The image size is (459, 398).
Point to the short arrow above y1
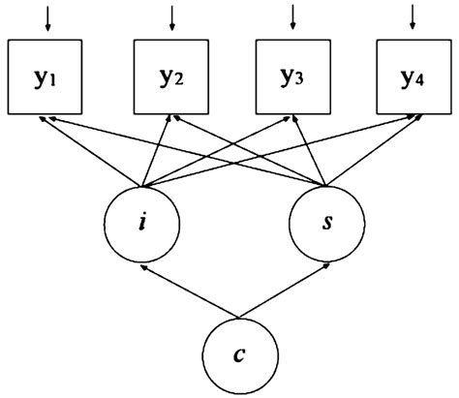[x=48, y=18]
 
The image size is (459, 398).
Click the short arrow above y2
[x=172, y=18]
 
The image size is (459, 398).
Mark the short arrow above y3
[x=292, y=17]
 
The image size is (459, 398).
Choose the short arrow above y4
[x=413, y=17]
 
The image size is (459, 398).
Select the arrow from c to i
[x=190, y=291]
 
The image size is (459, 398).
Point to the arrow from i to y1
[x=90, y=151]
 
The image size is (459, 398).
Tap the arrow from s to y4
[x=373, y=151]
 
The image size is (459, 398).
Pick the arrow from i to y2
[x=156, y=151]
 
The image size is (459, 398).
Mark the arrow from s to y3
[x=310, y=151]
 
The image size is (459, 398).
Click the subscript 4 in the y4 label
[x=419, y=80]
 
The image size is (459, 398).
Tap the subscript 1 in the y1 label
[x=52, y=81]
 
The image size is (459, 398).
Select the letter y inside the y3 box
[x=286, y=77]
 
